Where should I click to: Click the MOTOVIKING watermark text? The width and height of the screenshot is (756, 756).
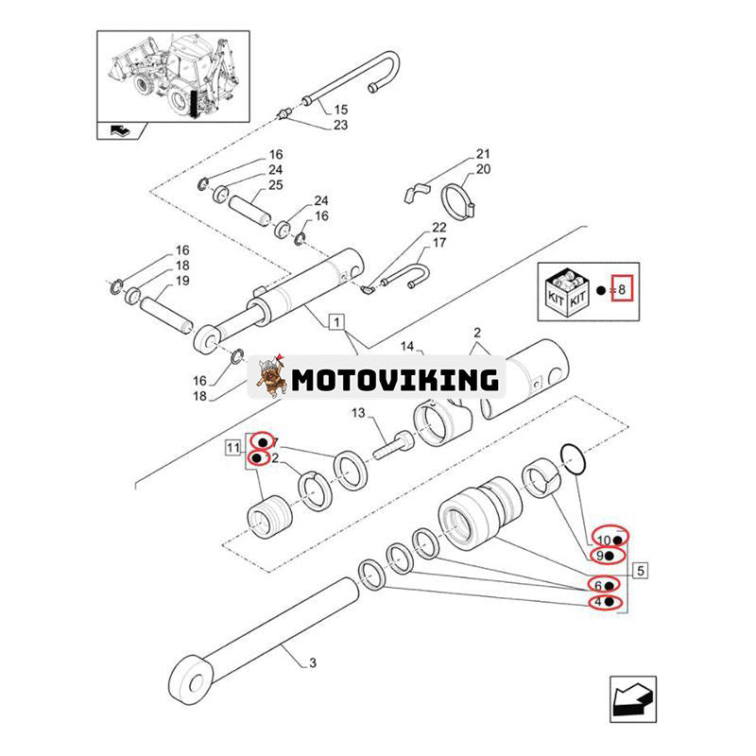pos(395,381)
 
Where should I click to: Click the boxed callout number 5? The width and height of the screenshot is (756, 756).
pos(641,570)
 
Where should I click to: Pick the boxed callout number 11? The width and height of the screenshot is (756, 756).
pos(232,447)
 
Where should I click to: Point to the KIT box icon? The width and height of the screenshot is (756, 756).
pos(567,288)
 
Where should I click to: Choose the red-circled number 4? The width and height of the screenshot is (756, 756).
pos(603,602)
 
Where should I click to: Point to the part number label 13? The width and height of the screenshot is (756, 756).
pos(357,413)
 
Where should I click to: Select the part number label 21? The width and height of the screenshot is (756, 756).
pos(483,154)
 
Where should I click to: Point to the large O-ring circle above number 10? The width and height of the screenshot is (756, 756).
pos(573,458)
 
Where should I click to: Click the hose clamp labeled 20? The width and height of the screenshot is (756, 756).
pos(459,198)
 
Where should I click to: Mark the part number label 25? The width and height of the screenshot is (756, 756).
pos(275,184)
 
